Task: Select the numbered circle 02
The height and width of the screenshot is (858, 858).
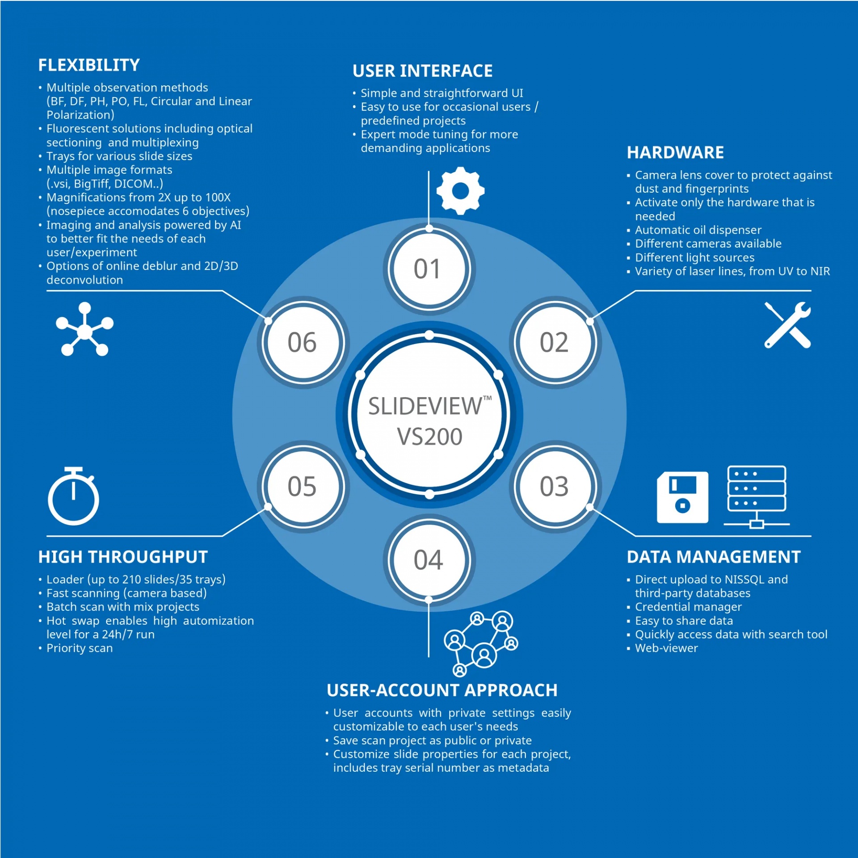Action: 555,343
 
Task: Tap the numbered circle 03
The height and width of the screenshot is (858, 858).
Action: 555,487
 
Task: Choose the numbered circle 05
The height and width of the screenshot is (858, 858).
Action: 303,487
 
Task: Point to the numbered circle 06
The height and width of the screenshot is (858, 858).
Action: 303,343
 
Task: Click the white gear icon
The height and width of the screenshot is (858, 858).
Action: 460,191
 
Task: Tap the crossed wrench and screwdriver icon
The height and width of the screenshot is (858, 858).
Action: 787,325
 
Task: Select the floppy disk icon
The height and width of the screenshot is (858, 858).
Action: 682,497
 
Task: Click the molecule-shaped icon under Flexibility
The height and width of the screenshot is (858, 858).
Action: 84,329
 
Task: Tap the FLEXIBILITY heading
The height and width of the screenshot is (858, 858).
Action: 89,65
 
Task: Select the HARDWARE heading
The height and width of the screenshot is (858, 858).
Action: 675,153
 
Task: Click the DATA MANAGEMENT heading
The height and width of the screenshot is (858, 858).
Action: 714,557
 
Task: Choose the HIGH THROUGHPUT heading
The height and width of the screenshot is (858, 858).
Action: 123,557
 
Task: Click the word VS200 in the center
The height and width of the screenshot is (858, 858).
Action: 429,437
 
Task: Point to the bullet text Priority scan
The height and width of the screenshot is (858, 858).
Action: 80,648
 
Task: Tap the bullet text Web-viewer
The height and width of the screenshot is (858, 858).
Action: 666,648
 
